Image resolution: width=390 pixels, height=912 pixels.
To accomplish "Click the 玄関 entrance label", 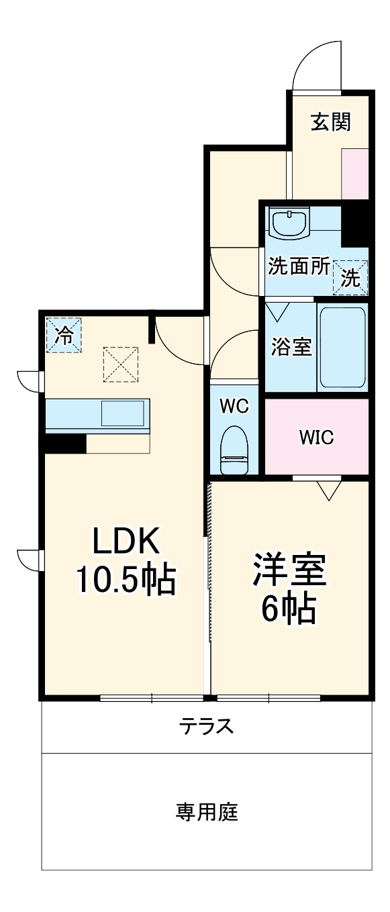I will pos(330,122).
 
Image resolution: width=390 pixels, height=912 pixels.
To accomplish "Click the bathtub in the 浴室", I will pos(342,347).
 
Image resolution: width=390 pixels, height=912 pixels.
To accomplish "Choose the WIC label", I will pos(316,438).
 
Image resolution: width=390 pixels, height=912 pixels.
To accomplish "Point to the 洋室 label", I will pos(289,570).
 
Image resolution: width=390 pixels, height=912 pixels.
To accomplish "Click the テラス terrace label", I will pos(206,726).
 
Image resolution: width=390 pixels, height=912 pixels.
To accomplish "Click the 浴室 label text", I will pos(291,347).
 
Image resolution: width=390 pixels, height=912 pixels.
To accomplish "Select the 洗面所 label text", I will pos(299,266).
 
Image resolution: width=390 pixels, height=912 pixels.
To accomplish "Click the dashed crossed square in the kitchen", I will pos(121,364).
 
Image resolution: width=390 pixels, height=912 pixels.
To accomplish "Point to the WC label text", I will pos(234,405).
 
